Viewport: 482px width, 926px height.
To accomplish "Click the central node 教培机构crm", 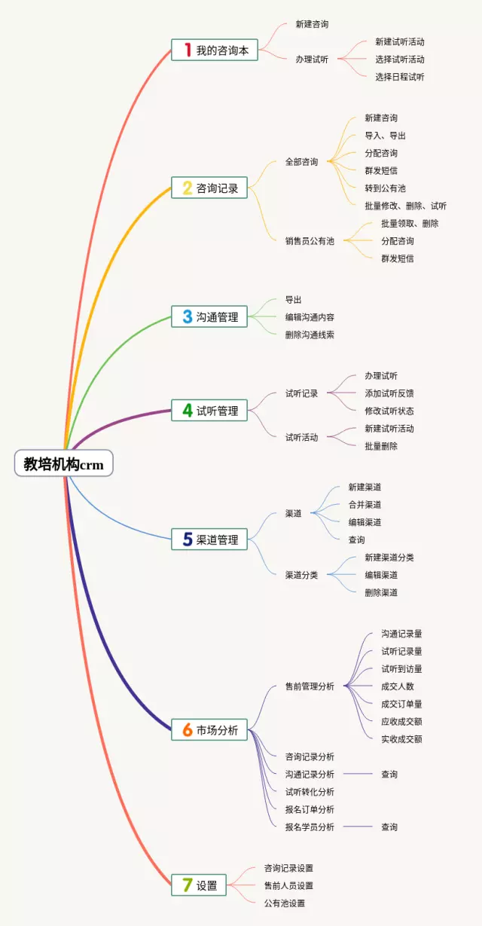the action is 63,463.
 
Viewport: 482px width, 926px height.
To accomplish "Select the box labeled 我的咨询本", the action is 215,50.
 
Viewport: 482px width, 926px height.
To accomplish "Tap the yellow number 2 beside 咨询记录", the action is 187,188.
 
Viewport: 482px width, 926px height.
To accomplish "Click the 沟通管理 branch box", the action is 209,317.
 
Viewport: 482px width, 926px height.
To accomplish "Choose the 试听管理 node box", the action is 209,411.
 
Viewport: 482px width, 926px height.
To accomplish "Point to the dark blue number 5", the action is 187,539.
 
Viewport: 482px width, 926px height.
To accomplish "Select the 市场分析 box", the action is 209,729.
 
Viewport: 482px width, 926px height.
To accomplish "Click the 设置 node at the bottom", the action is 199,885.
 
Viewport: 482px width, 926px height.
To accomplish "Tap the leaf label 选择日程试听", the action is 399,77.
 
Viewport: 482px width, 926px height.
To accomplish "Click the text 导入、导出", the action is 385,136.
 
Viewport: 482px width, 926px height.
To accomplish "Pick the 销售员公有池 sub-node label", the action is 309,241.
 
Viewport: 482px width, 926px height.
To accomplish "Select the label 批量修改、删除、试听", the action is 405,206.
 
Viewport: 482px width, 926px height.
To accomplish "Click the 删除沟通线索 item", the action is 309,335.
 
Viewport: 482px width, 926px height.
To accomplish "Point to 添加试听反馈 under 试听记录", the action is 389,393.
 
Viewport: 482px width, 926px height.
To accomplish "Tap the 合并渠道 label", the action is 365,505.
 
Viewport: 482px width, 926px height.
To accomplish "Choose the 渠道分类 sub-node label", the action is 301,575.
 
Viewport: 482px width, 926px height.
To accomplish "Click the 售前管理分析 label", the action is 309,686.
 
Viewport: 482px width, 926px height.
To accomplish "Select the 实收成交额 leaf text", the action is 401,739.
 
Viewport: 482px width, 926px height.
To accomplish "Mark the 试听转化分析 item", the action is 309,792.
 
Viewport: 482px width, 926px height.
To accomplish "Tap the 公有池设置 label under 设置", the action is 284,903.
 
